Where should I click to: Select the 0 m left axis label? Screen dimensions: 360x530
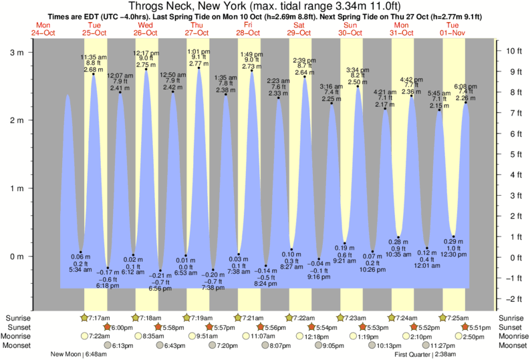15,256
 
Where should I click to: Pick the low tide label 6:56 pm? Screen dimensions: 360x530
159,288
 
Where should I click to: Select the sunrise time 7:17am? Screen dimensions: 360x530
99,317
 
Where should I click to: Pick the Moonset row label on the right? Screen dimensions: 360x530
512,345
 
